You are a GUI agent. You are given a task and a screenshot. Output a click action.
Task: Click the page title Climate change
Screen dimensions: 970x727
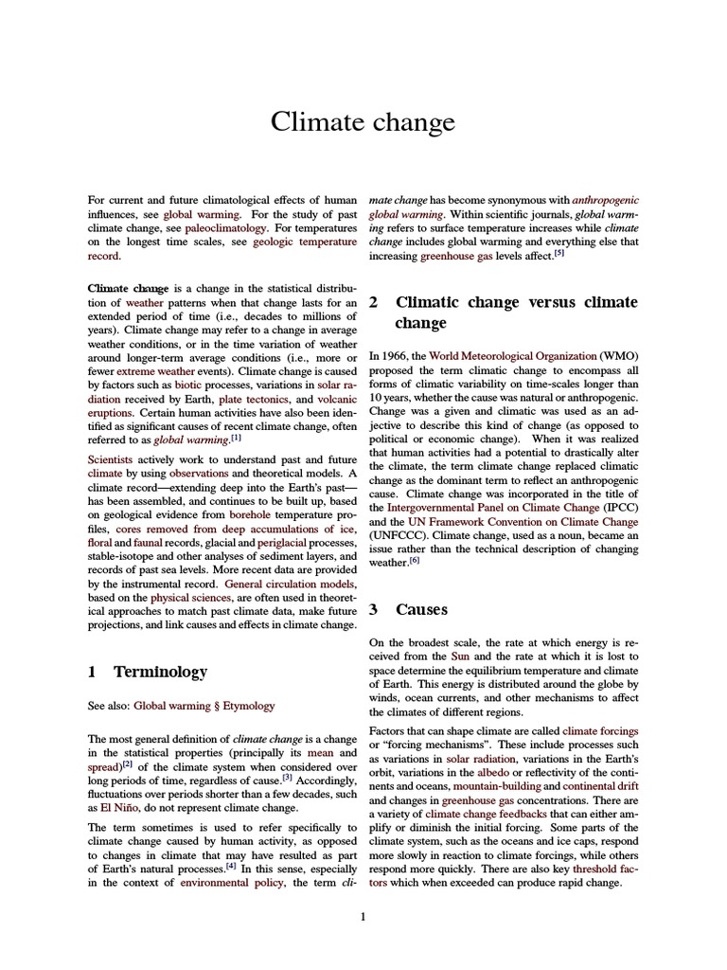[x=363, y=122]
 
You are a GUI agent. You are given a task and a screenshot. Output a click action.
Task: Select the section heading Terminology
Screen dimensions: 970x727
[x=160, y=672]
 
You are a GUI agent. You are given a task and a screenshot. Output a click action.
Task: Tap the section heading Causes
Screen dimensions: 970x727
[x=421, y=609]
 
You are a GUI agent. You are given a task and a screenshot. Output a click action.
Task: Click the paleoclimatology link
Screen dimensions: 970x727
[x=220, y=228]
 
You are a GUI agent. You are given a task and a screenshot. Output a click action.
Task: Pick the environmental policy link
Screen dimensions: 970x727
[x=233, y=883]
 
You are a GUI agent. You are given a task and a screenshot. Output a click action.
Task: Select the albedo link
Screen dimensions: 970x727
[x=493, y=773]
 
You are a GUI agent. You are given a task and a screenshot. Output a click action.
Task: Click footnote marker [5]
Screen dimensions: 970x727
[x=559, y=253]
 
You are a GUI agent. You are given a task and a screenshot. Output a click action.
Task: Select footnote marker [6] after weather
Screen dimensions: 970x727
[x=414, y=560]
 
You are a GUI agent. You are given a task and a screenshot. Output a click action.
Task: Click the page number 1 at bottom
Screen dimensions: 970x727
[x=363, y=915]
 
